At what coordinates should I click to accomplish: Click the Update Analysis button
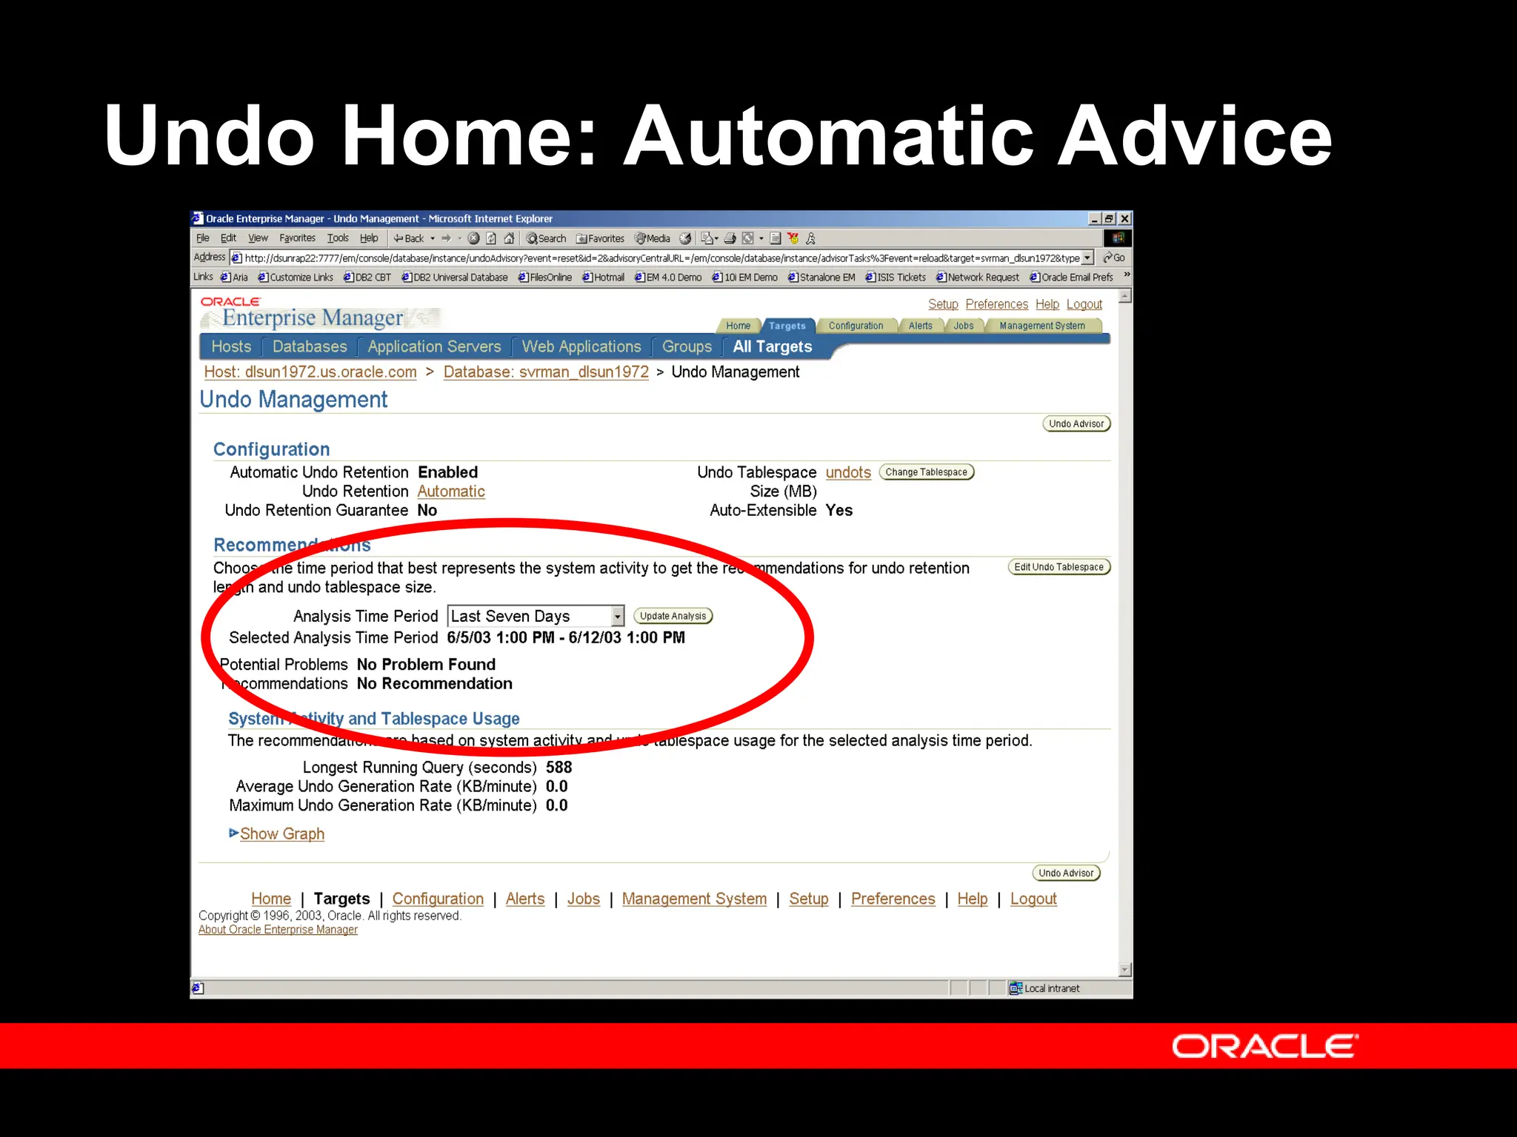[673, 616]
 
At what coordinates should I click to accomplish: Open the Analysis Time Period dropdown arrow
[617, 616]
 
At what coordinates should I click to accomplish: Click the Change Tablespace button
[926, 472]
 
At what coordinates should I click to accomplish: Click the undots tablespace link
[848, 472]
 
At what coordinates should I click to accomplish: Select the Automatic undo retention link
[450, 492]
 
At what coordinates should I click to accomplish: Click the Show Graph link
[281, 834]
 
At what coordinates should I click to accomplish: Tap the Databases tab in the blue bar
[309, 346]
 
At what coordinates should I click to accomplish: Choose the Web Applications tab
[581, 346]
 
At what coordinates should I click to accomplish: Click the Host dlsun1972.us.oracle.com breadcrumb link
[310, 372]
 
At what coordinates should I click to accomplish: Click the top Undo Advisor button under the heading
[1076, 424]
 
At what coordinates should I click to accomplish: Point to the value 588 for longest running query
[559, 768]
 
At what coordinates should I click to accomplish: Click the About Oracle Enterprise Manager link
[278, 930]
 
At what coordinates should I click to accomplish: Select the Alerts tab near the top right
[920, 326]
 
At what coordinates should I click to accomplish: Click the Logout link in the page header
[1084, 304]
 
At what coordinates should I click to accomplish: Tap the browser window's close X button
[1124, 218]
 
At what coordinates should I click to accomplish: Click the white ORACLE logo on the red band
[1264, 1047]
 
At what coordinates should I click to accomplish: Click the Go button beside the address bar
[1114, 258]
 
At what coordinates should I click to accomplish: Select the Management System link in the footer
[694, 899]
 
